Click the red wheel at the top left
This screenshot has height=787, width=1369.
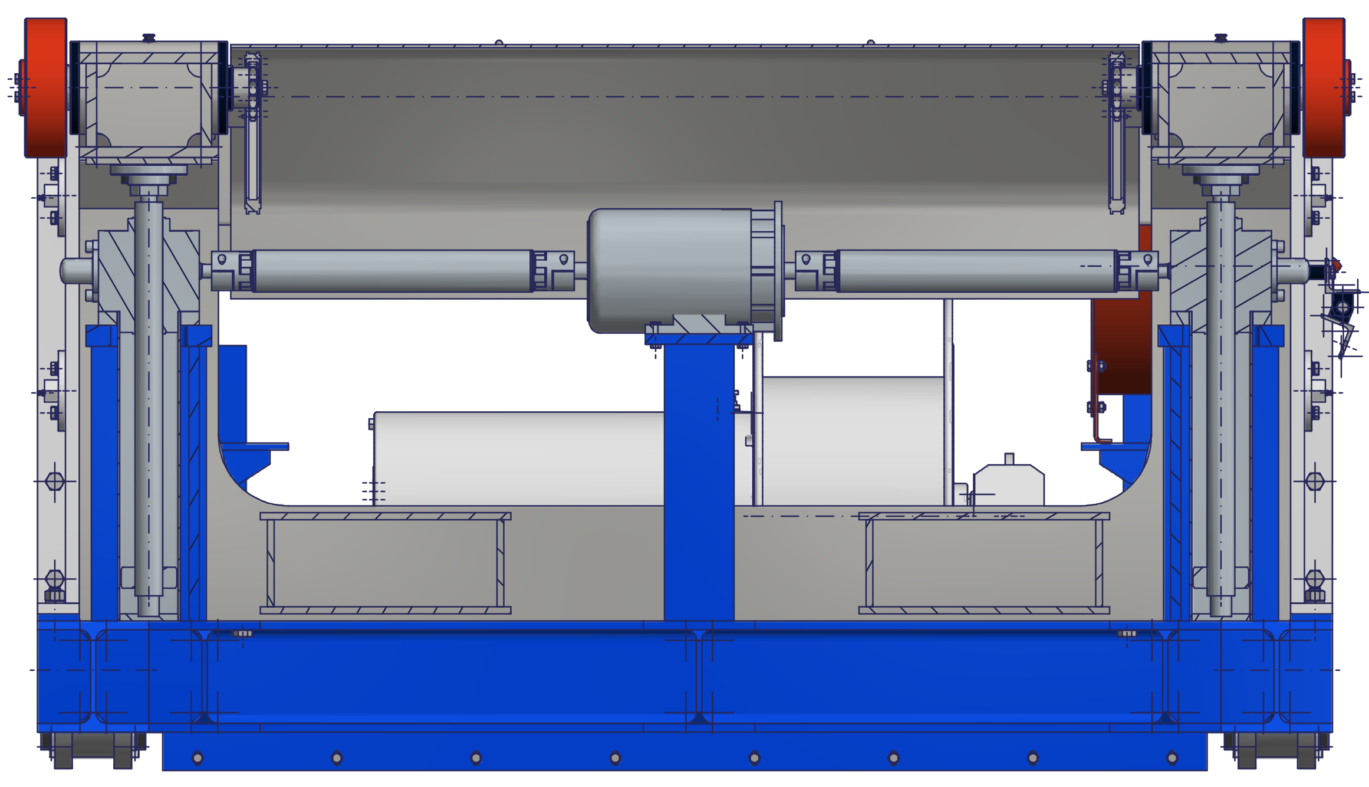pyautogui.click(x=45, y=87)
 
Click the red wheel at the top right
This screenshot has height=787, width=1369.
pyautogui.click(x=1323, y=87)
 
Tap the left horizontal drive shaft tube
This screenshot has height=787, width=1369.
pyautogui.click(x=393, y=271)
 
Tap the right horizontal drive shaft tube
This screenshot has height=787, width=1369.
pyautogui.click(x=976, y=271)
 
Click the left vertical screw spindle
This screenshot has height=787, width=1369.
pyautogui.click(x=149, y=401)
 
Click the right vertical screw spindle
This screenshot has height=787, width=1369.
pyautogui.click(x=1220, y=401)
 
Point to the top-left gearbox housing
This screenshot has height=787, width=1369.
pyautogui.click(x=149, y=100)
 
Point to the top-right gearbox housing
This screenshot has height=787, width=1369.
pyautogui.click(x=1220, y=100)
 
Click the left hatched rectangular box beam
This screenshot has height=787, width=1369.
pyautogui.click(x=385, y=563)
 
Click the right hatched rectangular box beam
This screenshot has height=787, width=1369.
pyautogui.click(x=983, y=563)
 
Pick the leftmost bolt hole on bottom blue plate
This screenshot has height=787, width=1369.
pyautogui.click(x=198, y=758)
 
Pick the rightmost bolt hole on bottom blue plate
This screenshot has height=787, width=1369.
pyautogui.click(x=1172, y=758)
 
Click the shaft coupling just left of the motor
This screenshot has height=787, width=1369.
pyautogui.click(x=552, y=271)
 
